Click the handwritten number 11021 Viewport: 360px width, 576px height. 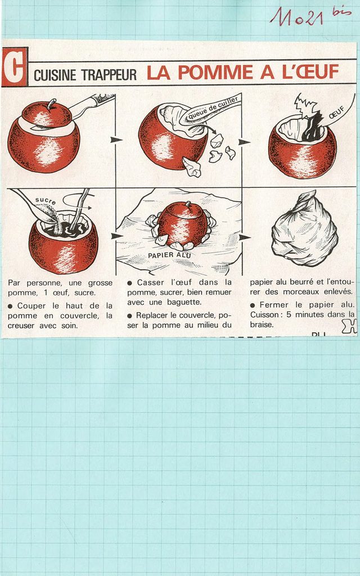(296, 16)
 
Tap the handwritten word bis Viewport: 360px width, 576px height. (341, 11)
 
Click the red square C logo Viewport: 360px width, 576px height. (14, 66)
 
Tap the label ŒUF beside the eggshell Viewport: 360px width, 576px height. (336, 111)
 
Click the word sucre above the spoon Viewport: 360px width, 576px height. (46, 201)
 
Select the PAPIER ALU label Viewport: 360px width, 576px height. (169, 254)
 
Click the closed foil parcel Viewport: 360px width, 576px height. (304, 229)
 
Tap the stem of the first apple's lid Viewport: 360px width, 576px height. (51, 103)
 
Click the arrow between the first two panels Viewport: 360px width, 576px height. (116, 139)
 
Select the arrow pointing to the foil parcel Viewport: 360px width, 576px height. (245, 237)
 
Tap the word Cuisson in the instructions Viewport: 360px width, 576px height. (264, 314)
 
